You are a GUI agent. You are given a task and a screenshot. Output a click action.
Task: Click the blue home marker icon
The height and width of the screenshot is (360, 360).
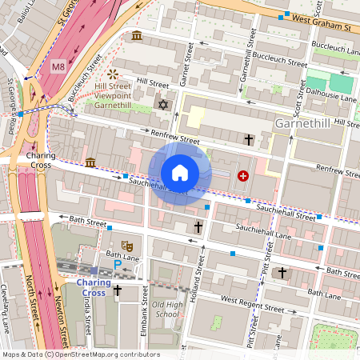pos(180,173)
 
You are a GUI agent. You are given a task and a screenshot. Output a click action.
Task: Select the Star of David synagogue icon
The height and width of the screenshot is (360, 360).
pos(165,105)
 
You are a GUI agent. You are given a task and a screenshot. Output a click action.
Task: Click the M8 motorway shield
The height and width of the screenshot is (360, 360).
pos(58,67)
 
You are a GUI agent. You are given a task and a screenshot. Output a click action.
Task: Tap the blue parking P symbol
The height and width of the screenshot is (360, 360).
pos(118,263)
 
